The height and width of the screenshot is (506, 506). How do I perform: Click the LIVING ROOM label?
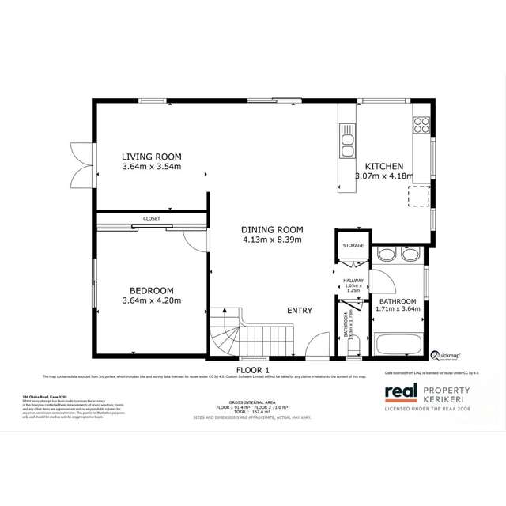click(152, 156)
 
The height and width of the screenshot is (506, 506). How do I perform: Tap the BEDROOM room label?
click(152, 290)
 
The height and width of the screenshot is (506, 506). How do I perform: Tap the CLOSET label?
click(152, 217)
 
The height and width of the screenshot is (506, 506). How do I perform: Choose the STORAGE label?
click(353, 246)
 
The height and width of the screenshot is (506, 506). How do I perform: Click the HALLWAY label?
click(353, 281)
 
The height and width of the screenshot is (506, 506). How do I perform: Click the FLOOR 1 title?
click(253, 369)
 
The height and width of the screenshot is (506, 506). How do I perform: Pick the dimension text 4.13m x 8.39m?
click(272, 240)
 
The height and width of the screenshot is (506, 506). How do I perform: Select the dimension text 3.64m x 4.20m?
click(152, 300)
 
